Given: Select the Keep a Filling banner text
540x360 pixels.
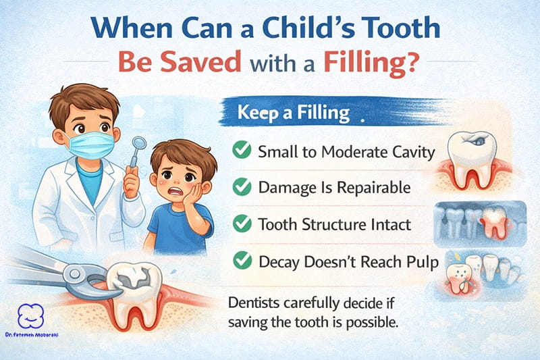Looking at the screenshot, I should pyautogui.click(x=293, y=113).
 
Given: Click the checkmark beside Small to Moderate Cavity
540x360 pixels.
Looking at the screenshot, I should pyautogui.click(x=240, y=151).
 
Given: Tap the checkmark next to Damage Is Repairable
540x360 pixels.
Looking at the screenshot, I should pyautogui.click(x=240, y=187).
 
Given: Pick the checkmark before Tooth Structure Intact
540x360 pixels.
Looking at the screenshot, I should pyautogui.click(x=240, y=224).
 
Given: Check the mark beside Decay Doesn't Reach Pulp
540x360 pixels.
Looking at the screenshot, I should pyautogui.click(x=240, y=260).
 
